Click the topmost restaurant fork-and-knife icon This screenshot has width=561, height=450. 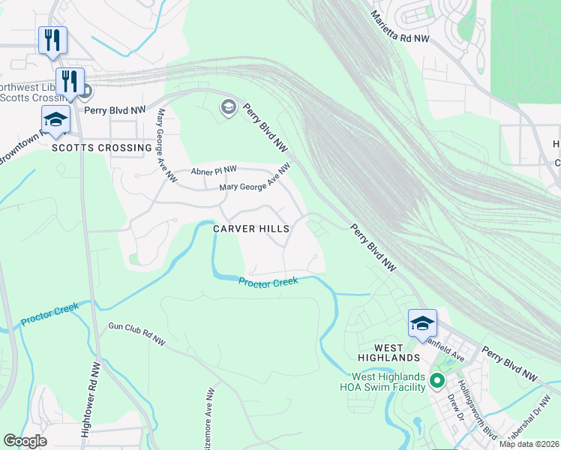[x=52, y=40]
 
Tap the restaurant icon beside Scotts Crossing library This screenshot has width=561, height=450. [x=70, y=80]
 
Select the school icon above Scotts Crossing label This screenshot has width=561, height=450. [x=55, y=119]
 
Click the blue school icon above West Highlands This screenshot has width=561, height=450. [x=422, y=322]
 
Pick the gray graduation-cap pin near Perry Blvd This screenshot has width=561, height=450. [x=227, y=108]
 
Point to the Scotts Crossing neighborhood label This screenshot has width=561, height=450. [x=102, y=148]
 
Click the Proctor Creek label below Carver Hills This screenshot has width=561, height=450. [x=268, y=281]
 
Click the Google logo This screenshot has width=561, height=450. [x=25, y=440]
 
